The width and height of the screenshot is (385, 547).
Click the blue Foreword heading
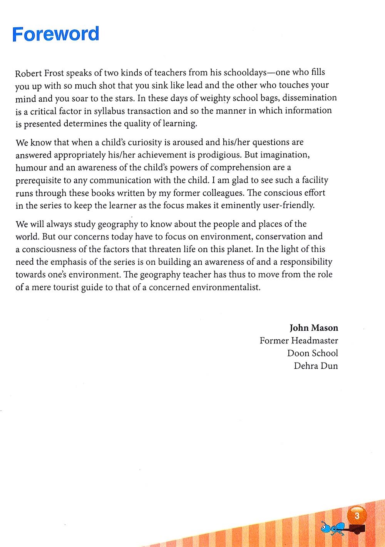[x=55, y=34]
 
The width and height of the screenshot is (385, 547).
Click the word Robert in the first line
[x=28, y=73]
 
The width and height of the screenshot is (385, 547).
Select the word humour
[x=31, y=168]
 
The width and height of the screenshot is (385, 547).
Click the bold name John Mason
[x=314, y=328]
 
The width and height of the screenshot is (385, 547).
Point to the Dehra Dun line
[x=316, y=366]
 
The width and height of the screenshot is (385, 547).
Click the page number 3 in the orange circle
[x=357, y=515]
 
